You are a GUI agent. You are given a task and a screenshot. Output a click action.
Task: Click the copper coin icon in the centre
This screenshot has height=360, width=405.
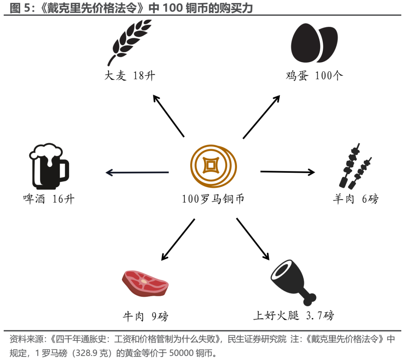pyautogui.click(x=214, y=165)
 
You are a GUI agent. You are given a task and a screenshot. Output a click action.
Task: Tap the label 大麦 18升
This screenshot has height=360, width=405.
pyautogui.click(x=130, y=76)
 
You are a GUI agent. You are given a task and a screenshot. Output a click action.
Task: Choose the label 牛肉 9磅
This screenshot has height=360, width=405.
pyautogui.click(x=145, y=317)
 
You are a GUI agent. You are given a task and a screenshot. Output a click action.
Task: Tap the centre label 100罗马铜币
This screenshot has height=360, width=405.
pyautogui.click(x=213, y=199)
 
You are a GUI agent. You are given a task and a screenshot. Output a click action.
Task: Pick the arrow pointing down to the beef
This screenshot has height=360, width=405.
pyautogui.click(x=178, y=240)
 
